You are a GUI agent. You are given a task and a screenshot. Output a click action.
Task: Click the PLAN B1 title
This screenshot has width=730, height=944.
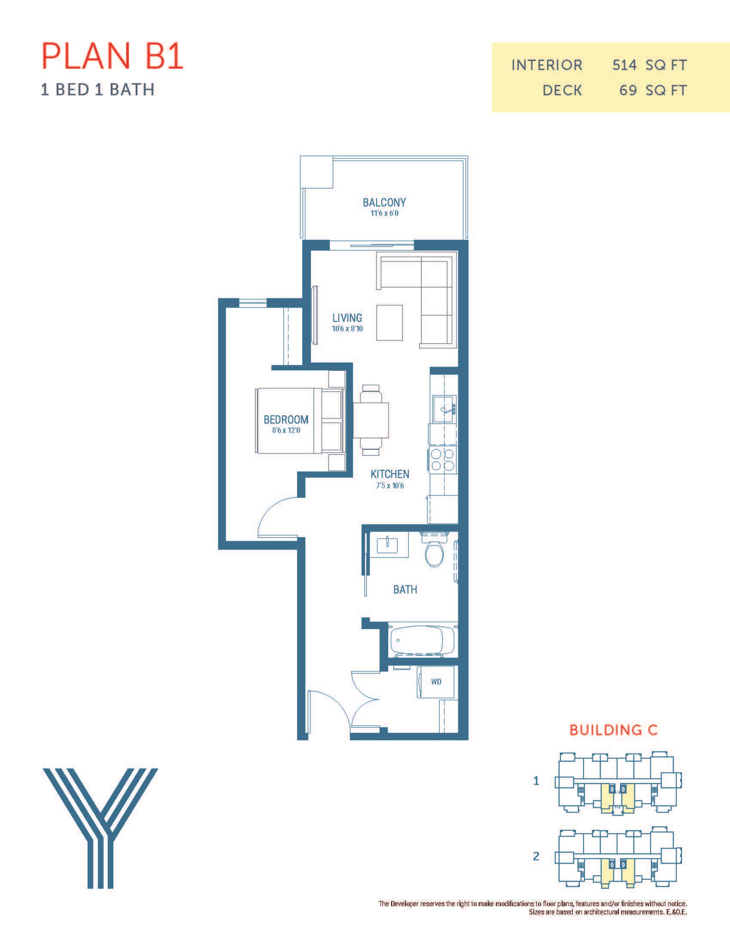[113, 56]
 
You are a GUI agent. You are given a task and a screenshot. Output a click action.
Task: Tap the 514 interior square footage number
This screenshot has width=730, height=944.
[624, 65]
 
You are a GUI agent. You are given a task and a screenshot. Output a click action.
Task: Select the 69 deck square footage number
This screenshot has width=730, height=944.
[628, 91]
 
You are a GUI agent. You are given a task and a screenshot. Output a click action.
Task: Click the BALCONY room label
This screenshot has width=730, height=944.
[384, 202]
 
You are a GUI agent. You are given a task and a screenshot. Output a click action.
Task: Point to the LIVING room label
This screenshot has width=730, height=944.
[347, 318]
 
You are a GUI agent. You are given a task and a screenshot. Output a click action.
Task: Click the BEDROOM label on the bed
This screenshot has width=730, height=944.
[286, 419]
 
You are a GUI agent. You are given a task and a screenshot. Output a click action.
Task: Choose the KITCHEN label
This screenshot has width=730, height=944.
[389, 474]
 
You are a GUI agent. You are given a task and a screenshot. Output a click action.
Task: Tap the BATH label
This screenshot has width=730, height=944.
[405, 590]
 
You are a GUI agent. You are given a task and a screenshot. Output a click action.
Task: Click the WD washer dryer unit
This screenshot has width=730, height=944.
[436, 682]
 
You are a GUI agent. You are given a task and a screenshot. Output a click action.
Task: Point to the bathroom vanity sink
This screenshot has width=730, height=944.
[387, 545]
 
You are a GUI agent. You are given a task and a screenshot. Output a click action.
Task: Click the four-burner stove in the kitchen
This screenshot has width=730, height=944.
[443, 460]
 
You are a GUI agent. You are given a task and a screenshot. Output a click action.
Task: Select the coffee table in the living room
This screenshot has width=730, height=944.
[389, 323]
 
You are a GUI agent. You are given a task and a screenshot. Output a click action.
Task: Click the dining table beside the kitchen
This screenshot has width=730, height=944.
[371, 420]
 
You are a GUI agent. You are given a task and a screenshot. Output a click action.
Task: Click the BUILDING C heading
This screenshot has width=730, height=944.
[613, 730]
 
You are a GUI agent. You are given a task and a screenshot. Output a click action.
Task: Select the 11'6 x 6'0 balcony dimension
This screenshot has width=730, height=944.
[384, 214]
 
